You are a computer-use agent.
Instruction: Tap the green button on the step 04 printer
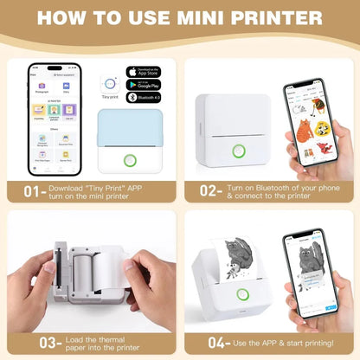pyautogui.click(x=245, y=295)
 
